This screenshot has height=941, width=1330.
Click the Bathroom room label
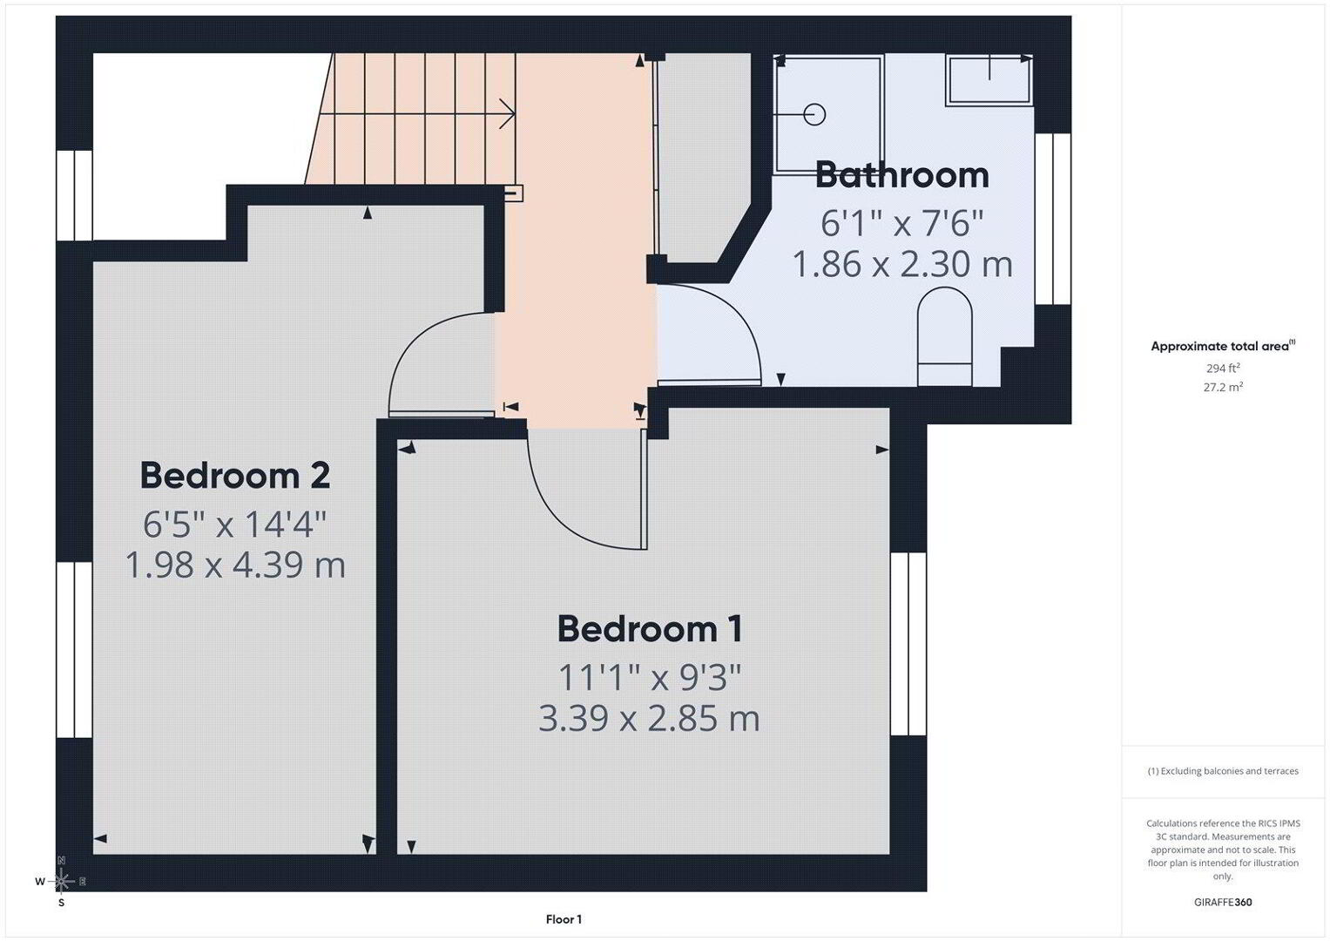(901, 175)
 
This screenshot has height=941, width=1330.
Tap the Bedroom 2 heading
(235, 476)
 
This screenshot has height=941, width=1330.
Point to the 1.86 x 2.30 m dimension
(901, 264)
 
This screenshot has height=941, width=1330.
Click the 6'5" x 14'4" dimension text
(235, 525)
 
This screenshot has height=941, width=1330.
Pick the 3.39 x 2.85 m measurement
(649, 718)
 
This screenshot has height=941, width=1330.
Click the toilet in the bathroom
(945, 337)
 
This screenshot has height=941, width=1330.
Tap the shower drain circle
(814, 114)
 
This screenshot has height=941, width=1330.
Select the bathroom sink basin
(989, 80)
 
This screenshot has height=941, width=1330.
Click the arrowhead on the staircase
(508, 113)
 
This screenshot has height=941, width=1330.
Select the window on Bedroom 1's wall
(908, 644)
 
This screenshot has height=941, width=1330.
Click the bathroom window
(1053, 219)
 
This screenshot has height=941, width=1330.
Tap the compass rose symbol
(62, 881)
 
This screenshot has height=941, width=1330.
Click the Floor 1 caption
(564, 919)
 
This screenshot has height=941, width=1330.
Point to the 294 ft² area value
(1223, 369)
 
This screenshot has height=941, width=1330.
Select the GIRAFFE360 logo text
(1223, 903)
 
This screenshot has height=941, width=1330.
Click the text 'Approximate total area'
(1220, 347)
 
